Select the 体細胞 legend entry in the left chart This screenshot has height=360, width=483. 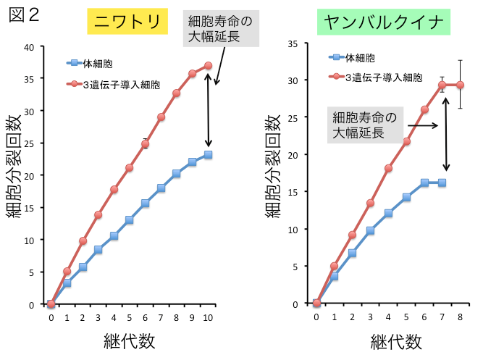click(x=93, y=64)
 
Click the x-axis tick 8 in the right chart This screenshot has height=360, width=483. click(x=460, y=316)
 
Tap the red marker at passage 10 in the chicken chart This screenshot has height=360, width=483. click(x=209, y=65)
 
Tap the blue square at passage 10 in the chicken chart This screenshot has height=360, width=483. click(x=209, y=154)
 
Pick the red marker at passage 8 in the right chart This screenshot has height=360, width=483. click(x=460, y=85)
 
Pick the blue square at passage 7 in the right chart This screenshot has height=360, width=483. click(x=442, y=183)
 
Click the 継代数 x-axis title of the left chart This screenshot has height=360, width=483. click(x=129, y=340)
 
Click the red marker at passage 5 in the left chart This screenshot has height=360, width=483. click(x=130, y=167)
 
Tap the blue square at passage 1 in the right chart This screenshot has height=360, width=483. click(x=334, y=277)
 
